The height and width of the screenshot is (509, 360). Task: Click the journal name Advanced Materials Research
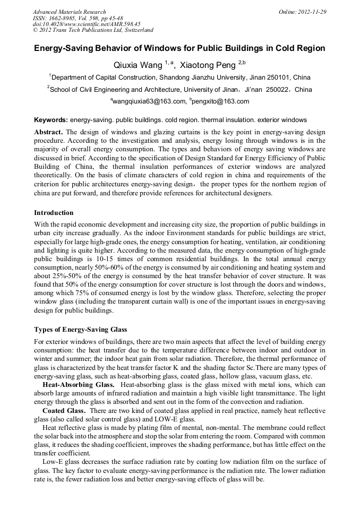coord(69,12)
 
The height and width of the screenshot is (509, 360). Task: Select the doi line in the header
coord(87,24)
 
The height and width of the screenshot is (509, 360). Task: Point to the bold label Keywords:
coord(51,120)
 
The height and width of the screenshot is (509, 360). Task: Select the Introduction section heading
coord(54,213)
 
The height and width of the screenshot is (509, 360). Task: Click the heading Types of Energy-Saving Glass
coord(80,329)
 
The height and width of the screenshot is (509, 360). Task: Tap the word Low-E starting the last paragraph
coord(52,462)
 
